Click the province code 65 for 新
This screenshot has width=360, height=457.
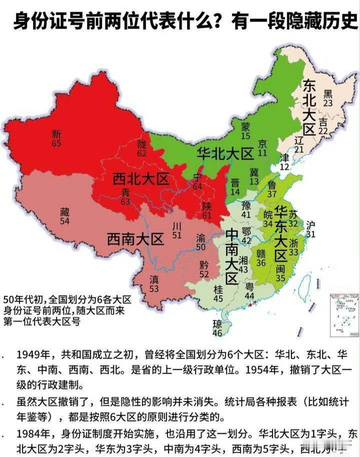coord(56,143)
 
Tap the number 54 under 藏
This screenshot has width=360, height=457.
coord(64,220)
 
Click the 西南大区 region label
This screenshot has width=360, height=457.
coord(135,239)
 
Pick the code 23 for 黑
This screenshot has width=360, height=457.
coord(328,102)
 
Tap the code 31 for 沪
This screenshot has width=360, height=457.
coord(311,234)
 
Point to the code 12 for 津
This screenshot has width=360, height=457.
coord(284,167)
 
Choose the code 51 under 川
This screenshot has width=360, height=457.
coord(176,235)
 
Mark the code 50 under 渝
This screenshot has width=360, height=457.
coord(200,247)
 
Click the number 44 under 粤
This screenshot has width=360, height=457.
coord(249,295)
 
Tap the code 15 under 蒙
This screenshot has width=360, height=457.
coord(245,136)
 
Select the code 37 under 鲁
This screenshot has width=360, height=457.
coord(272,194)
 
